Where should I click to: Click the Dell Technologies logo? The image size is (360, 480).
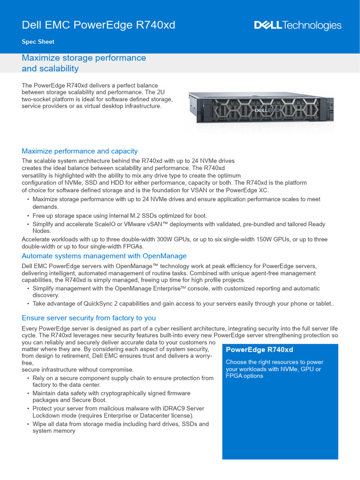(x=298, y=25)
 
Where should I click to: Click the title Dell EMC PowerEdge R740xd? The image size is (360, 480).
(x=98, y=25)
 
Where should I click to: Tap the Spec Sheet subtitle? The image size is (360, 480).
(x=38, y=42)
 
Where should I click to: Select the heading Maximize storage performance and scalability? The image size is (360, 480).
(x=84, y=63)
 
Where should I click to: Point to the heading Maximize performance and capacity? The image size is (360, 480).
(x=80, y=151)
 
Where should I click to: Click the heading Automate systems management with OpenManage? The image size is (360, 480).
(x=104, y=256)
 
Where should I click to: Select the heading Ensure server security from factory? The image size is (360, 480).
(x=89, y=318)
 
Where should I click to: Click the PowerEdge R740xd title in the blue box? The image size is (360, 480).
(x=259, y=350)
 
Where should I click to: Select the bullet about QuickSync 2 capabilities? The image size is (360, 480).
(x=183, y=304)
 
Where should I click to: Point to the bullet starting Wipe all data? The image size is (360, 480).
(x=120, y=427)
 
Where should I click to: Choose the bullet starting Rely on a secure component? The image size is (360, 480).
(x=123, y=381)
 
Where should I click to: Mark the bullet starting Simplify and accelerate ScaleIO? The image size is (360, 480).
(x=178, y=227)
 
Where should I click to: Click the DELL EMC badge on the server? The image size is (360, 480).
(x=264, y=111)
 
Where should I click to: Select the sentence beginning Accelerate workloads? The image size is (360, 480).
(x=174, y=242)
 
